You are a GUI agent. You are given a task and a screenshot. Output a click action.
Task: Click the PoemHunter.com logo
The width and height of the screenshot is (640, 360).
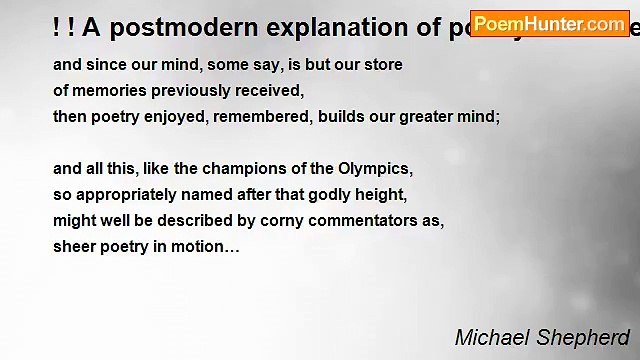click(x=549, y=23)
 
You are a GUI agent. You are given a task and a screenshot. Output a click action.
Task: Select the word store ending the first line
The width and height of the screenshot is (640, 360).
click(x=382, y=65)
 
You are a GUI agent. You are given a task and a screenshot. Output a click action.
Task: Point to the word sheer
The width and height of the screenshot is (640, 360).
click(x=73, y=245)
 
